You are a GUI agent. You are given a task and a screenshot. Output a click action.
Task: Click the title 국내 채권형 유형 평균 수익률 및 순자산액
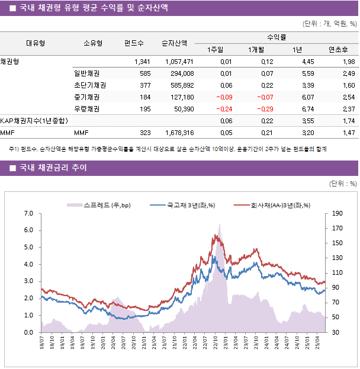(93, 8)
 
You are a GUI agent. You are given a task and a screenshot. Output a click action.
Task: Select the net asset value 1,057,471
(176, 62)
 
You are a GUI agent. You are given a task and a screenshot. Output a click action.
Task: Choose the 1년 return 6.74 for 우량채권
(307, 109)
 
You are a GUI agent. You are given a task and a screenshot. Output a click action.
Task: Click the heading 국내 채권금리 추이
(53, 168)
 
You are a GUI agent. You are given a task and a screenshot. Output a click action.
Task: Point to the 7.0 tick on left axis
(28, 213)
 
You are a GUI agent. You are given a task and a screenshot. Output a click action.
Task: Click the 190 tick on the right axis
(337, 213)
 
